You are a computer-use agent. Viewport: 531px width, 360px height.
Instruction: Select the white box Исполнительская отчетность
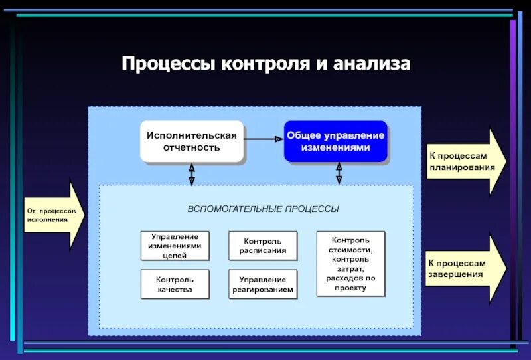point(191,141)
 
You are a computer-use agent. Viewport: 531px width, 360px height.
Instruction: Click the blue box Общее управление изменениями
point(335,141)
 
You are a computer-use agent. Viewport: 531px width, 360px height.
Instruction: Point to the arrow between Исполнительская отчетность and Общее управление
point(264,139)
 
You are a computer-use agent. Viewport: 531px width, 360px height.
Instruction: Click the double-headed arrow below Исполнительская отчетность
point(191,174)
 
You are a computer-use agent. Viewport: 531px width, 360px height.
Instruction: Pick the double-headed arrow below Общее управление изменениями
point(339,174)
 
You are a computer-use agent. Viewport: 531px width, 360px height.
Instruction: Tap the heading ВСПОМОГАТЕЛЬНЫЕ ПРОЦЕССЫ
point(263,209)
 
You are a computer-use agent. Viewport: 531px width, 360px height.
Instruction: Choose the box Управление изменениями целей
point(175,246)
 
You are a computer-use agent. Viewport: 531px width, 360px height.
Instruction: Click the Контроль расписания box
point(263,246)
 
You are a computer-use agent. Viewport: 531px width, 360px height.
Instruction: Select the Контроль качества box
point(175,284)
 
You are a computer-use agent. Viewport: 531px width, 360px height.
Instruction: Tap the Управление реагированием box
point(263,284)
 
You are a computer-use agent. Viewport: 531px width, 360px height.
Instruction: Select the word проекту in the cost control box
point(350,288)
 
